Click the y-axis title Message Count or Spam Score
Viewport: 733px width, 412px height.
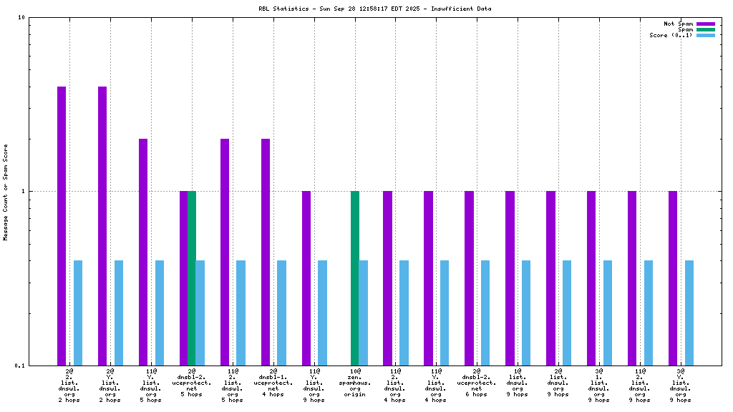coord(6,192)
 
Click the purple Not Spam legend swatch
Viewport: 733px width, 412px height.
coord(706,24)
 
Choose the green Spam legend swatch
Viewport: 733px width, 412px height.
coord(706,29)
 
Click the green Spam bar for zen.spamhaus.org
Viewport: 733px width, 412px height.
coord(355,278)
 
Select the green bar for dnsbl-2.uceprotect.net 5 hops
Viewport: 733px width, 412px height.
coord(192,278)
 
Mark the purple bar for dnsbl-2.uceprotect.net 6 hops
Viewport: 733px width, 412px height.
coord(469,278)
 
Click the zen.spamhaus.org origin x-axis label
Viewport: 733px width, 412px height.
coord(355,383)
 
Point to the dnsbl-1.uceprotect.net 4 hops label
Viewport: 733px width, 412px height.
coord(273,383)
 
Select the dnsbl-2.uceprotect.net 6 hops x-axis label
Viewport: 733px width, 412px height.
coord(477,383)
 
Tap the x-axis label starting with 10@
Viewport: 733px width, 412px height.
coord(355,371)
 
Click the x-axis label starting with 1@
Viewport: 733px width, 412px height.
coord(518,383)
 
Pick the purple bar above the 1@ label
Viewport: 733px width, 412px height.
coord(510,278)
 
